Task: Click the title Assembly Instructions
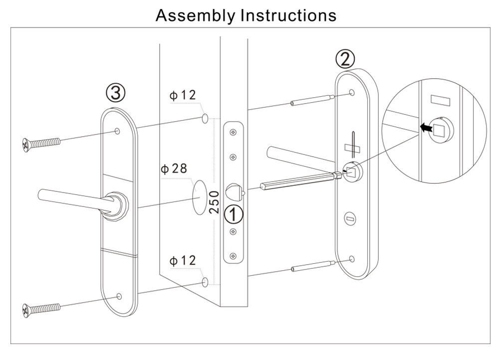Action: pyautogui.click(x=246, y=15)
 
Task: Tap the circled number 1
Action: pyautogui.click(x=234, y=215)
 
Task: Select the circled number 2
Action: pyautogui.click(x=345, y=60)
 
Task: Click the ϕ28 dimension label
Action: pyautogui.click(x=174, y=169)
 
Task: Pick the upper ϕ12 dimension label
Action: pyautogui.click(x=183, y=95)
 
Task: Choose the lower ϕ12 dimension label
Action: pyautogui.click(x=183, y=260)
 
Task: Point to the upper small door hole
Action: pyautogui.click(x=205, y=119)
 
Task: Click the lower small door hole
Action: pyautogui.click(x=205, y=283)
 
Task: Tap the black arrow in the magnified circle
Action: pyautogui.click(x=425, y=128)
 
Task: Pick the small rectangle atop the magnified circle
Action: pyautogui.click(x=440, y=100)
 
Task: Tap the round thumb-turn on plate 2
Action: pyautogui.click(x=349, y=217)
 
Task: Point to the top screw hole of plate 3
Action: pyautogui.click(x=117, y=131)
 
